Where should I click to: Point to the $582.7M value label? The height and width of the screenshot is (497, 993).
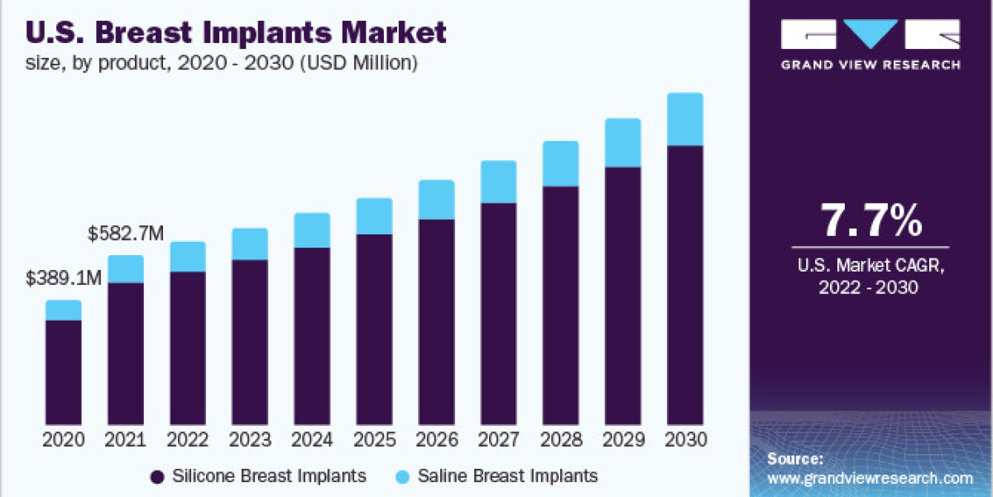point(127,234)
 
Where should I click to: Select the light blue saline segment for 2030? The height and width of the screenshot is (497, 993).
point(684,119)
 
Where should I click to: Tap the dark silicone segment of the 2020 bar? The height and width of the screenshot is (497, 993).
point(64,372)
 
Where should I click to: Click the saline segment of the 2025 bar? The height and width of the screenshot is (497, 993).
point(374,216)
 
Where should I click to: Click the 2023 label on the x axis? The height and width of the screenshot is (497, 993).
point(250,440)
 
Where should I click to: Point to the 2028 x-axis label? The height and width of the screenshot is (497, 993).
point(560,440)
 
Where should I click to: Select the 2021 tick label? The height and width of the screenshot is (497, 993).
point(126,440)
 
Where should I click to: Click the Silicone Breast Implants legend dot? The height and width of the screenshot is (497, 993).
point(156,476)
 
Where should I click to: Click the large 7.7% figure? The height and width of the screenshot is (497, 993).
point(870,221)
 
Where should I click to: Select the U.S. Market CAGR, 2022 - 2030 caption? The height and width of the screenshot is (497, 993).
point(870,277)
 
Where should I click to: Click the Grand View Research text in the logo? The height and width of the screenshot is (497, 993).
point(871,65)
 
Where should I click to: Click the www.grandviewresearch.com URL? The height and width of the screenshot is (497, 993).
point(870,478)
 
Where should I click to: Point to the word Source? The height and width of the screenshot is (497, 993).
point(795,458)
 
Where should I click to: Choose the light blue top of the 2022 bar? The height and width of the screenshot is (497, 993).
point(188,257)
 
